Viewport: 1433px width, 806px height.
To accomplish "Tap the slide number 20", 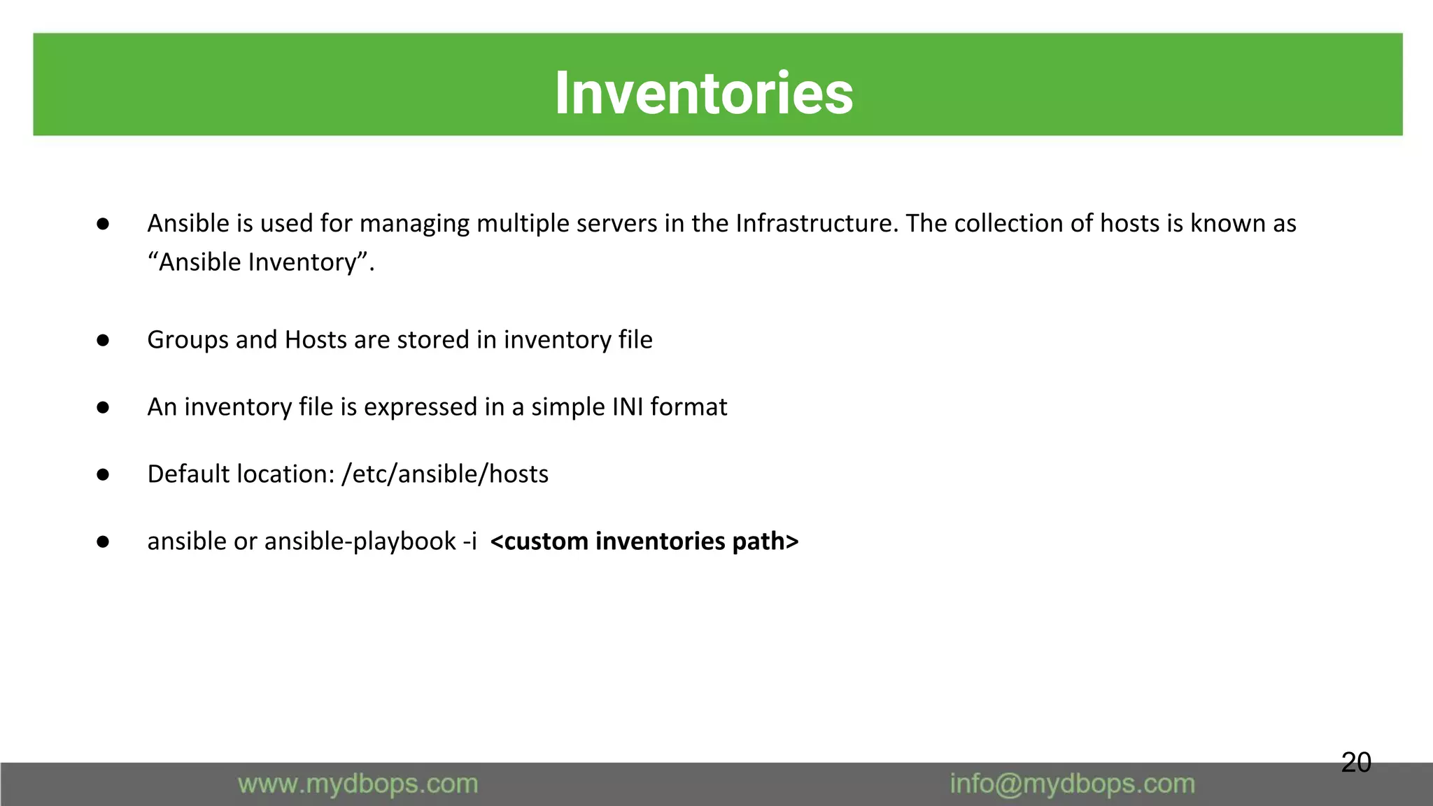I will (x=1355, y=762).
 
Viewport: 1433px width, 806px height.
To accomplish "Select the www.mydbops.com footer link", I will (x=358, y=784).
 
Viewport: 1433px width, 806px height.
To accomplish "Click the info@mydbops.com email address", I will (x=1072, y=784).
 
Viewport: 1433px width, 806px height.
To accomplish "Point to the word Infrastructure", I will (x=816, y=223).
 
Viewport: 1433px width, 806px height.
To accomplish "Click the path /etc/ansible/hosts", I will (x=445, y=474).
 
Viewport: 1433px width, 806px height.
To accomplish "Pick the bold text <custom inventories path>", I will (x=644, y=541).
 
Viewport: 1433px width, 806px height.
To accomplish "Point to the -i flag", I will (x=470, y=541).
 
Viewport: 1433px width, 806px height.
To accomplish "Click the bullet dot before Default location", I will (x=103, y=474).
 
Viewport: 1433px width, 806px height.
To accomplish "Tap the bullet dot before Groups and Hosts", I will (x=103, y=340).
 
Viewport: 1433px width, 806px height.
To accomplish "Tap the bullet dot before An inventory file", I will (x=103, y=407).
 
